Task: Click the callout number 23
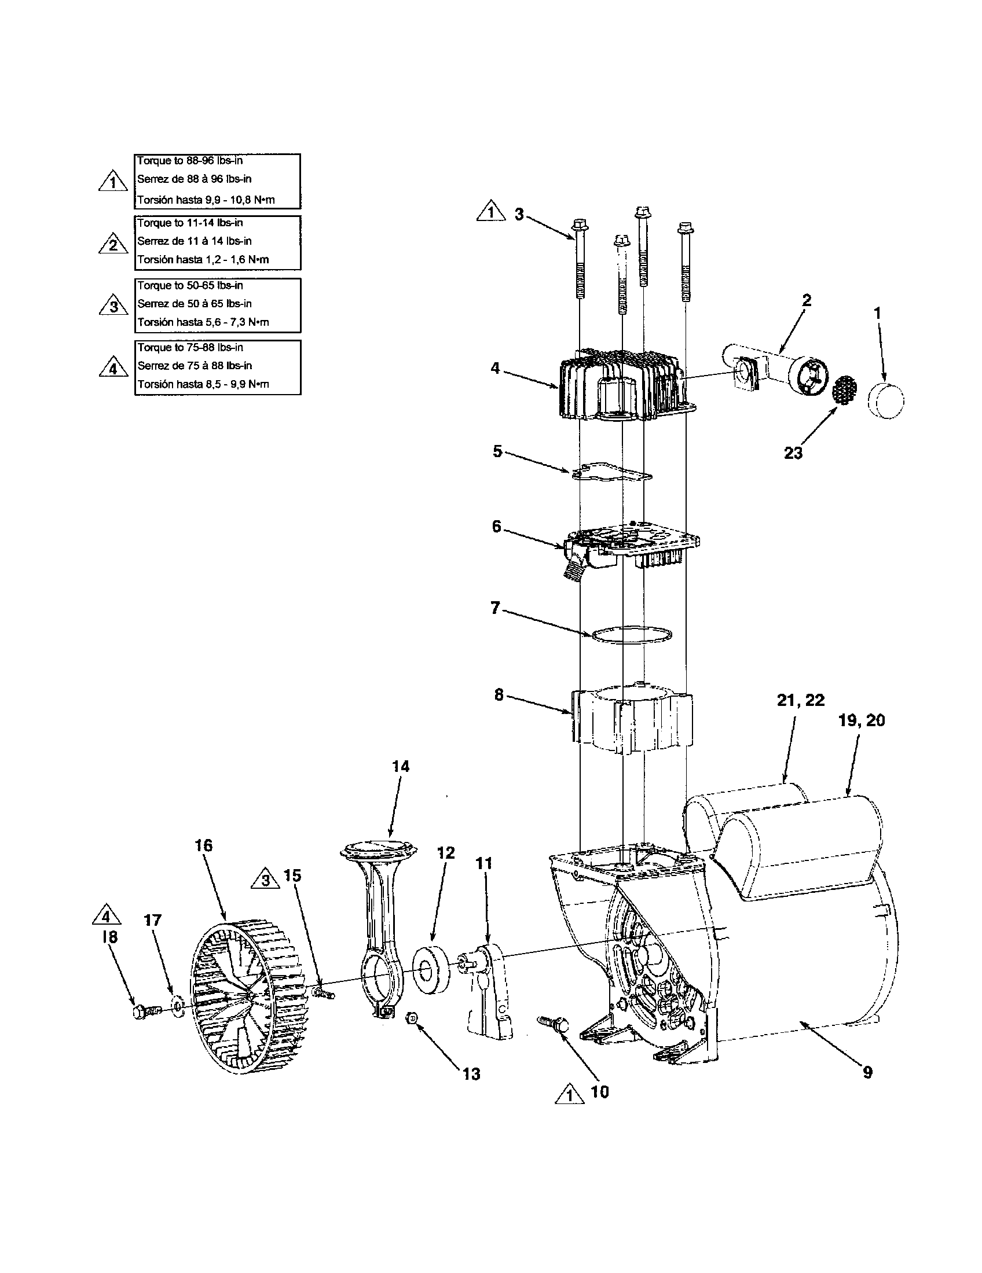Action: click(x=793, y=453)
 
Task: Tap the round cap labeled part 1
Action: click(x=886, y=401)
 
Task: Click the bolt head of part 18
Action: click(x=139, y=1012)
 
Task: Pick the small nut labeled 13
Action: click(x=411, y=1018)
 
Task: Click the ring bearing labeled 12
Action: click(x=431, y=971)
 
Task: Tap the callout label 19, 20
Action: click(x=862, y=721)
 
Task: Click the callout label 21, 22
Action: click(x=800, y=700)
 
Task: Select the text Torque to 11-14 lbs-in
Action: click(x=190, y=223)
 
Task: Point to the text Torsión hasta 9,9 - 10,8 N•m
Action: click(x=206, y=200)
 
